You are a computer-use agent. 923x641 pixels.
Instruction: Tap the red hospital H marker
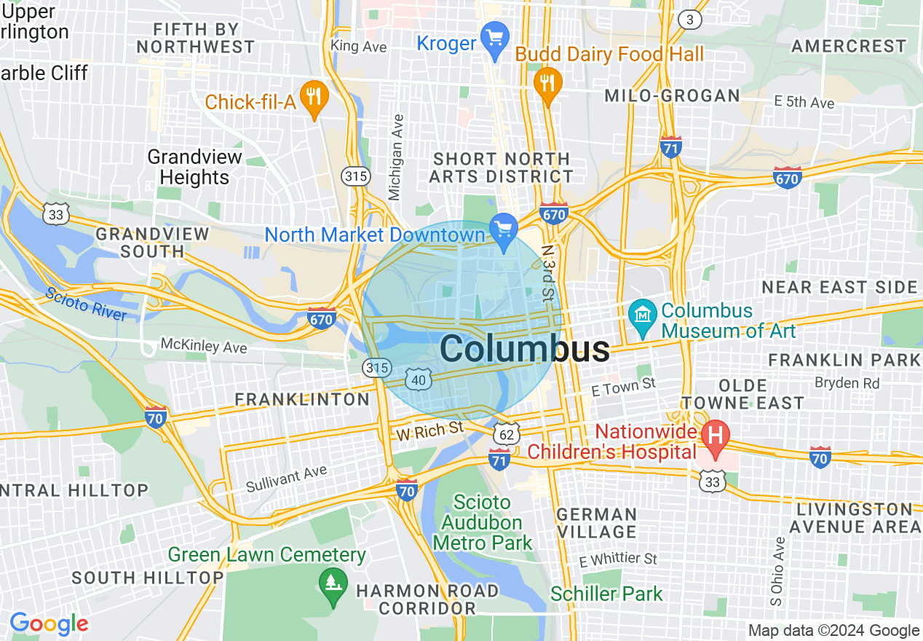tap(715, 436)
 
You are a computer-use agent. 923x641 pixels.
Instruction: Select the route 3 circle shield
tap(689, 19)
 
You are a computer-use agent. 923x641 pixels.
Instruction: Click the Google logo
tap(49, 624)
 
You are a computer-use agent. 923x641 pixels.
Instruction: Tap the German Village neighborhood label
tap(597, 523)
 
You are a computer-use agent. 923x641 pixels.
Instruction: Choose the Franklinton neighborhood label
tap(302, 399)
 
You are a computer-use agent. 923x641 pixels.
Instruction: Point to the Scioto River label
tap(85, 304)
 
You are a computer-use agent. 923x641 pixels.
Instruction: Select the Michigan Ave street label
tap(397, 157)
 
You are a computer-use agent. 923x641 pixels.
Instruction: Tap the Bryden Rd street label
tap(847, 382)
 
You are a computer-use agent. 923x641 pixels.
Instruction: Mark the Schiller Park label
tap(606, 594)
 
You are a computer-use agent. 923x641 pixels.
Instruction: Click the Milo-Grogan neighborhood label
tap(672, 95)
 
